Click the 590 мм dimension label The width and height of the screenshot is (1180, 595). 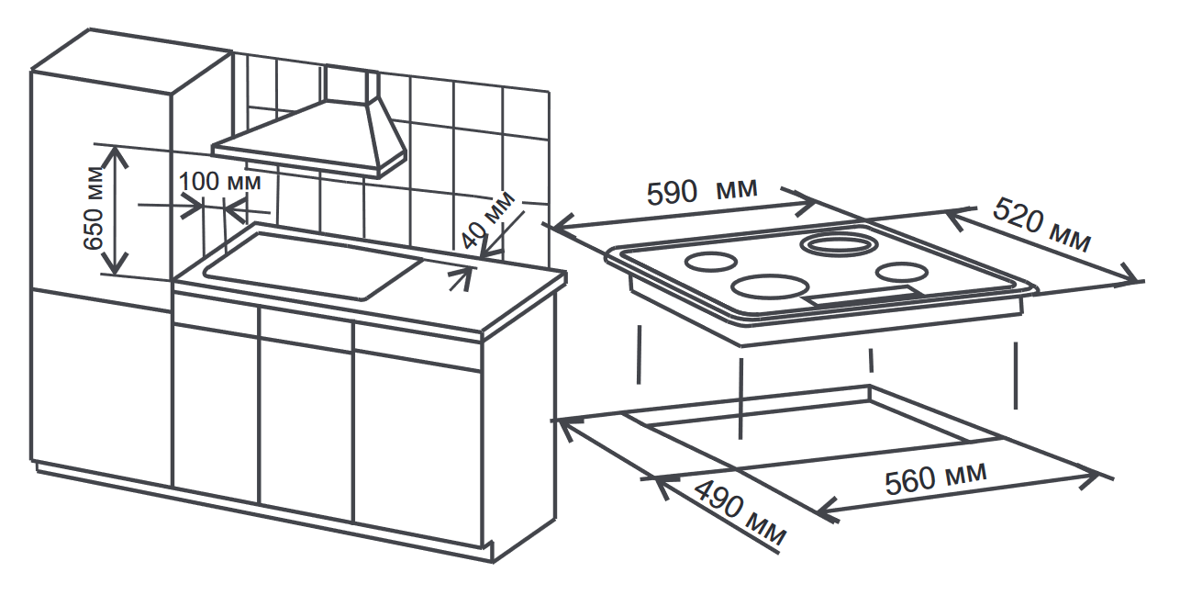[x=702, y=192]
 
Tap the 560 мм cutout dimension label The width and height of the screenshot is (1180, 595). [x=936, y=477]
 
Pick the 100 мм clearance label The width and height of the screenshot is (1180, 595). [x=219, y=181]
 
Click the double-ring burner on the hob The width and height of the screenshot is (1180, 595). [x=839, y=244]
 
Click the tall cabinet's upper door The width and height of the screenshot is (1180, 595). [x=101, y=184]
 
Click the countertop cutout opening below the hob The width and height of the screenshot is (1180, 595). [x=807, y=418]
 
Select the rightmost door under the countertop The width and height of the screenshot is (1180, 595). [x=417, y=441]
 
